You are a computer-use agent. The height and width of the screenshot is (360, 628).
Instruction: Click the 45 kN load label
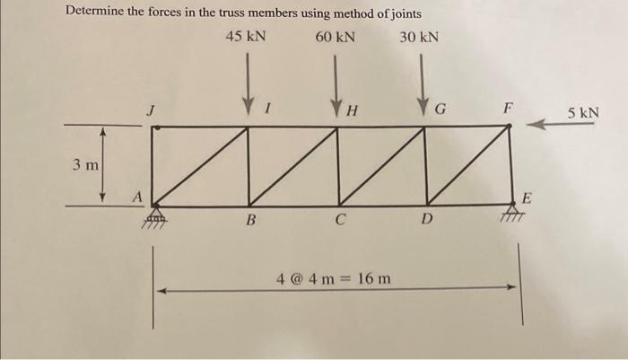click(x=245, y=37)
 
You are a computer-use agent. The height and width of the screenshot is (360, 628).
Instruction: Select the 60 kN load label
click(x=336, y=37)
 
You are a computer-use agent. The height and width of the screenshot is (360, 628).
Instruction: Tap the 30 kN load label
click(x=419, y=37)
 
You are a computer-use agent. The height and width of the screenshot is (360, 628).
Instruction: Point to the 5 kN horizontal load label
click(x=583, y=113)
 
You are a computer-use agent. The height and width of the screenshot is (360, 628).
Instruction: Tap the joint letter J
click(x=151, y=110)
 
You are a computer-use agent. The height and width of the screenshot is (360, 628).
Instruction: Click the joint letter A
click(x=138, y=194)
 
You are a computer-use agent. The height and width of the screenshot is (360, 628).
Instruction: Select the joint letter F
click(x=508, y=109)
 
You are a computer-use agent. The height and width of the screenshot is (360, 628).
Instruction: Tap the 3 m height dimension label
click(x=86, y=166)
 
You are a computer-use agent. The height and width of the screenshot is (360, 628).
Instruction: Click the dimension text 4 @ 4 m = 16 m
click(x=334, y=277)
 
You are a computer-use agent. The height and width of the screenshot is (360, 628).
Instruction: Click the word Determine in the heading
click(x=98, y=13)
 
